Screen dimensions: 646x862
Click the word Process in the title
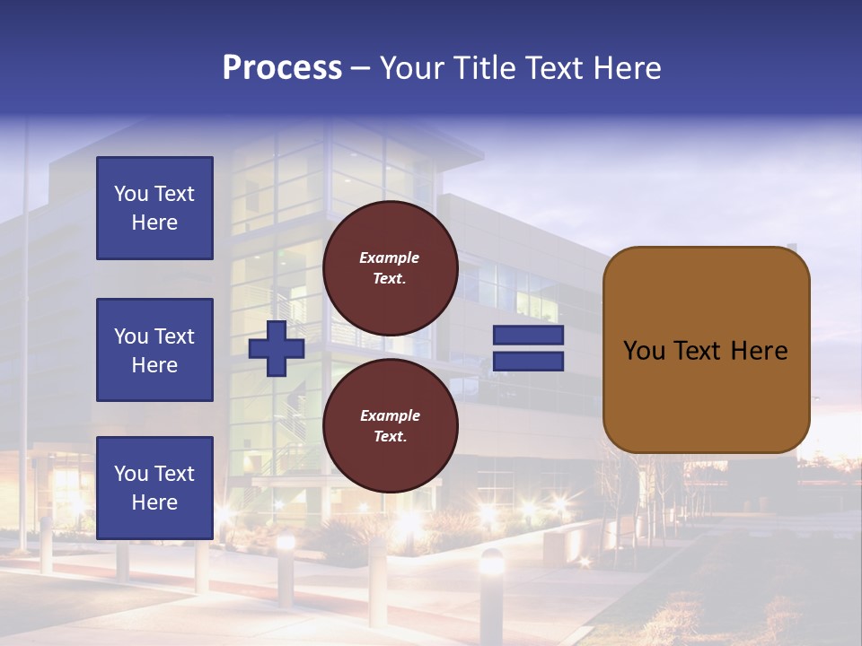click(282, 68)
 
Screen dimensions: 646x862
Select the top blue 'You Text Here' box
click(154, 208)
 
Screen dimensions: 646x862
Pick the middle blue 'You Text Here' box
click(154, 350)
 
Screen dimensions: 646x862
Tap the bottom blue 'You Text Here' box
click(154, 488)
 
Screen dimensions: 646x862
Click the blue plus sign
click(277, 348)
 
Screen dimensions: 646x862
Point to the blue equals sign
click(528, 348)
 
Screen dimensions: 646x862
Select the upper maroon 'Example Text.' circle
click(390, 268)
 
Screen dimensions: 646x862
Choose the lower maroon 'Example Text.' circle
click(390, 426)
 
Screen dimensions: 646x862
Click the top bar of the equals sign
click(528, 336)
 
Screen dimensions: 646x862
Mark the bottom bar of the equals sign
click(528, 361)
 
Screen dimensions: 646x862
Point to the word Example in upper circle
click(390, 258)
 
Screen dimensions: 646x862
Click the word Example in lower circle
click(390, 415)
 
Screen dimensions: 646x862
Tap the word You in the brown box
click(644, 351)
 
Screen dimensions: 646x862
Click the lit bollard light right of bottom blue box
click(286, 542)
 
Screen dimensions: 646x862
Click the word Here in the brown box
click(759, 351)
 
